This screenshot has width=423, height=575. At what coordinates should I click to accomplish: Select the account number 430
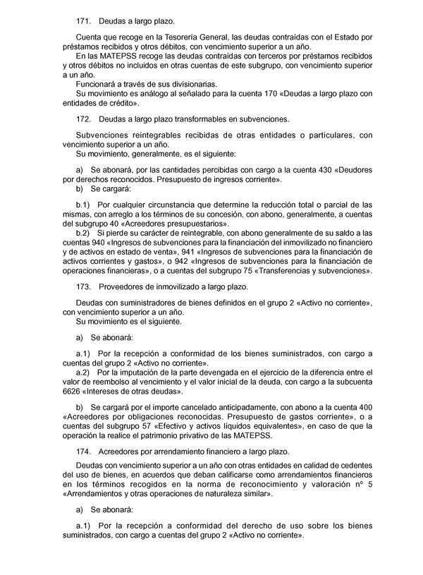pos(318,170)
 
